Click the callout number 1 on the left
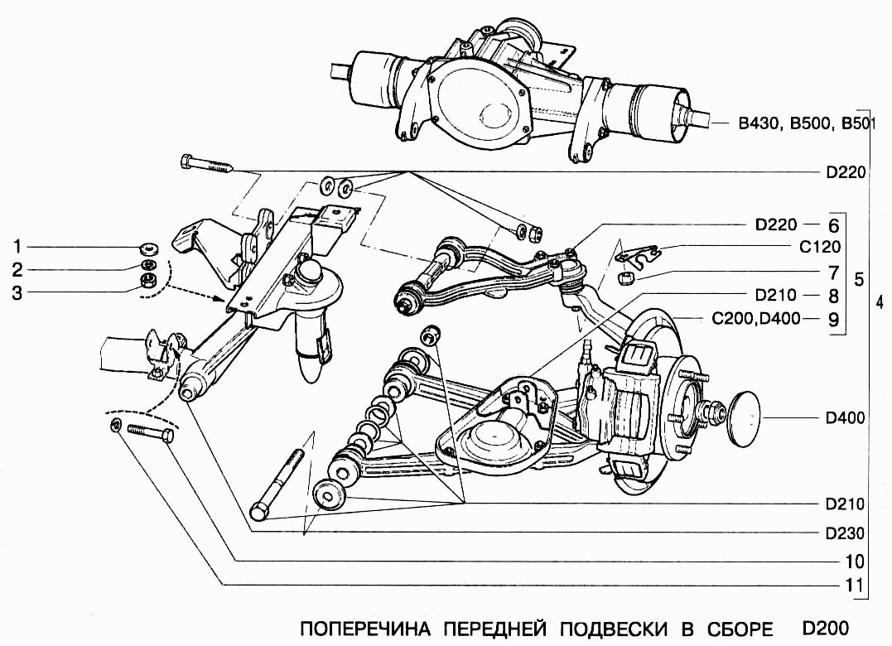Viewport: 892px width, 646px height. [17, 247]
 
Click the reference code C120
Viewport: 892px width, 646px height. [820, 247]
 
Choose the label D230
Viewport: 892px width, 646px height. [845, 533]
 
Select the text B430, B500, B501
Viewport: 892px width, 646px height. [802, 124]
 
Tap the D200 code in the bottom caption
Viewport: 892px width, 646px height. [826, 627]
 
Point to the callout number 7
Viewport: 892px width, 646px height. [832, 271]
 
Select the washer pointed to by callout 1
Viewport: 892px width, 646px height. [149, 248]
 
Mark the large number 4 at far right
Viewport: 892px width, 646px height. [879, 301]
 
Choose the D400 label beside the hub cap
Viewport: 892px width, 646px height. [845, 418]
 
